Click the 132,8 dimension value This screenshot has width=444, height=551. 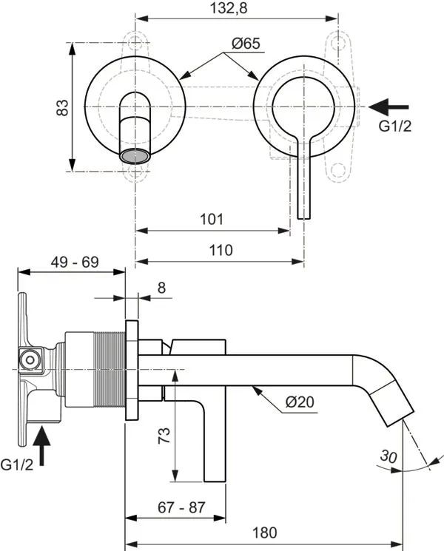pyautogui.click(x=229, y=7)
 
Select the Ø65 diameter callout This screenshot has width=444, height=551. pyautogui.click(x=246, y=43)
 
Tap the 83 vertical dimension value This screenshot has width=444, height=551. pyautogui.click(x=63, y=107)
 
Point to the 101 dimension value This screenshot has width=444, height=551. pyautogui.click(x=212, y=219)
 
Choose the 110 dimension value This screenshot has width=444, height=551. pyautogui.click(x=221, y=250)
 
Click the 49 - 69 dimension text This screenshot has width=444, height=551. pyautogui.click(x=75, y=262)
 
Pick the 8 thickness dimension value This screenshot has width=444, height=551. pyautogui.click(x=161, y=288)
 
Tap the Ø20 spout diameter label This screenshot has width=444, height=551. pyautogui.click(x=300, y=402)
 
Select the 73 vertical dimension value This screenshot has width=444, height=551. pyautogui.click(x=164, y=435)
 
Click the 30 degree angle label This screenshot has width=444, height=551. pyautogui.click(x=388, y=456)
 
